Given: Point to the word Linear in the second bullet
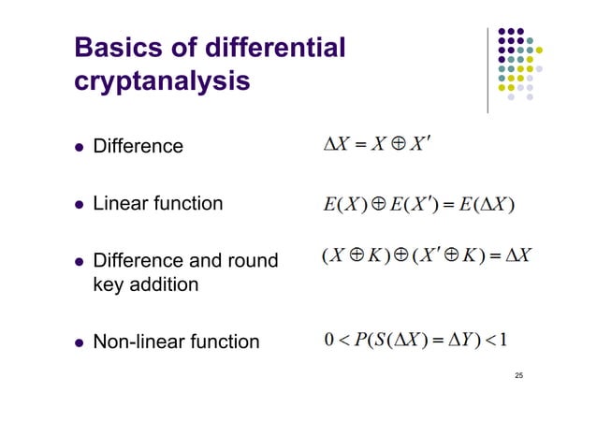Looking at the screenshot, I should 117,202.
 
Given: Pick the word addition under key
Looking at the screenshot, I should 161,284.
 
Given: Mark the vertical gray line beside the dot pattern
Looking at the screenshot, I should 487,70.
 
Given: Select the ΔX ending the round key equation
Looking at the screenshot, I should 517,255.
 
